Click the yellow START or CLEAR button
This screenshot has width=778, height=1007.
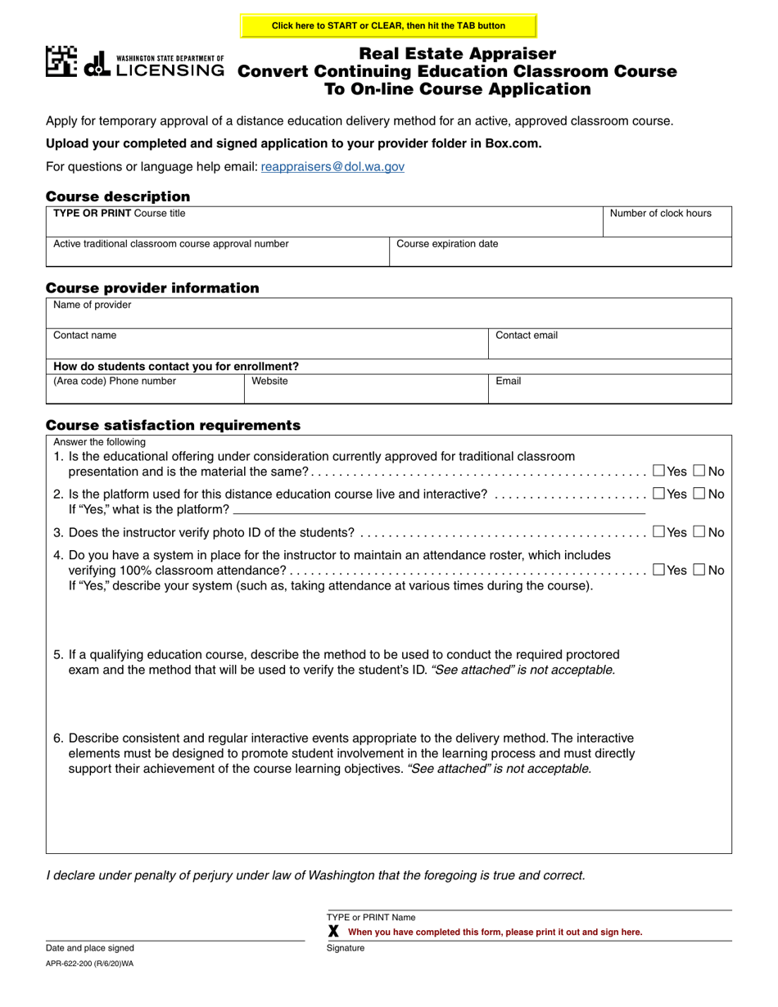[388, 25]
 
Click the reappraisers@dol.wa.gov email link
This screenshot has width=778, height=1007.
[332, 166]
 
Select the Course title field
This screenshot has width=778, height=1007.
[324, 222]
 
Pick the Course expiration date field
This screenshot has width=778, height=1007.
[560, 254]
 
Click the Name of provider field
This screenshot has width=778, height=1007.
[388, 314]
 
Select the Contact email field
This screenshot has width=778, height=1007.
[609, 345]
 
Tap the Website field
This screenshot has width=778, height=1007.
[365, 391]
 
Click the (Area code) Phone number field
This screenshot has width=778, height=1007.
[145, 391]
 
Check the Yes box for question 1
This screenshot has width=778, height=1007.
[659, 471]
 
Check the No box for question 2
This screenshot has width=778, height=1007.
[699, 494]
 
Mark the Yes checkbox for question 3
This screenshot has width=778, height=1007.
[659, 532]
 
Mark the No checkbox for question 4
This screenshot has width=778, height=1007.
[699, 570]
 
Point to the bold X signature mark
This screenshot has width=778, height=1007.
[333, 932]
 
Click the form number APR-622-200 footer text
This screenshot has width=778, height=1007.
[90, 964]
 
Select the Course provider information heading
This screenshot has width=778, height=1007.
[152, 288]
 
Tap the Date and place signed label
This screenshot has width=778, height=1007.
[90, 948]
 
